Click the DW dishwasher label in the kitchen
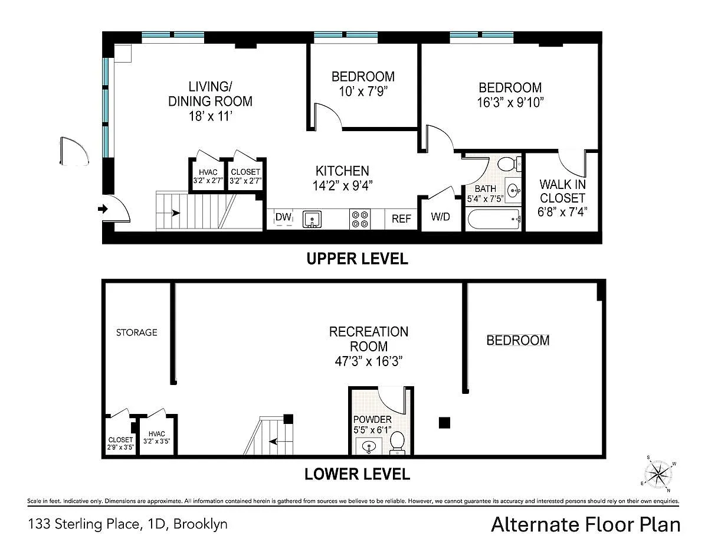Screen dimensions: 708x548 coord(283,217)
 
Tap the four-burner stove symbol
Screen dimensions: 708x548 coord(360,219)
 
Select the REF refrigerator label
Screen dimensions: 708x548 coord(401,218)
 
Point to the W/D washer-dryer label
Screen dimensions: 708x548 coord(440,217)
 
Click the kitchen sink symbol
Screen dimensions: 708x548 coord(312,219)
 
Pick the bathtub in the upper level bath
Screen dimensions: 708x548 coord(493,220)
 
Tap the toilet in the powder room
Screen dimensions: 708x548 coord(397,442)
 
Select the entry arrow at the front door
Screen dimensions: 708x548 coord(103,208)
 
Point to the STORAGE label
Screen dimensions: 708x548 coord(136,332)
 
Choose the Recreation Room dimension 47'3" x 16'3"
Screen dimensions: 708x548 coord(369,361)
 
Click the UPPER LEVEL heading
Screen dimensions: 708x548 coord(357,259)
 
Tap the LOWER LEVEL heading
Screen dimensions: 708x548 coord(357,474)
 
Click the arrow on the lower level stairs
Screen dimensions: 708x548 coord(273,442)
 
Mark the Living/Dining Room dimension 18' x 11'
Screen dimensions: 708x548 coord(210,116)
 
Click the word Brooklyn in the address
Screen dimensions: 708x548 coord(201,524)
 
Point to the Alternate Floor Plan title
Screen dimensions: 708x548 coord(585,525)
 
